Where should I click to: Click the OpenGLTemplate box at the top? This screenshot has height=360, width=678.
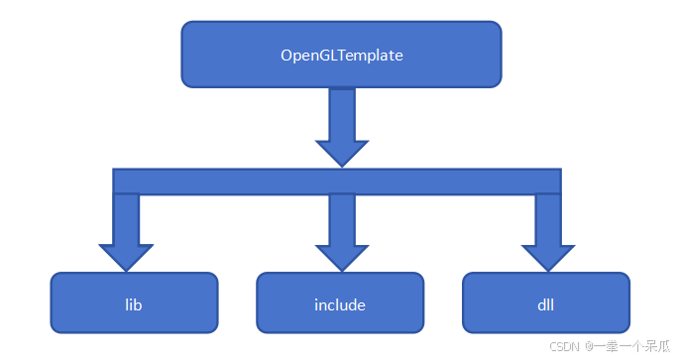[341, 56]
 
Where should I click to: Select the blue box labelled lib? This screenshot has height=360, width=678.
[135, 303]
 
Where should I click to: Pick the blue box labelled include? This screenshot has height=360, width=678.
[340, 303]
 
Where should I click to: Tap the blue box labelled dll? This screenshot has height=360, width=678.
[546, 303]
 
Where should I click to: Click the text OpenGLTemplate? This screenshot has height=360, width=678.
[341, 56]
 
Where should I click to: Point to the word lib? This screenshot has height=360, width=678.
[135, 304]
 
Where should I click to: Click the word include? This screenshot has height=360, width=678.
[340, 304]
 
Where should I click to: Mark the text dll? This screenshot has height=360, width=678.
[546, 304]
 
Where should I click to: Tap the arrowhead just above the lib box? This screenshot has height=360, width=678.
[126, 255]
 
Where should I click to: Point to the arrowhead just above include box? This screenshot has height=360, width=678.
[341, 255]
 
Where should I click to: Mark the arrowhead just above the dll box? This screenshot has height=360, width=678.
[548, 255]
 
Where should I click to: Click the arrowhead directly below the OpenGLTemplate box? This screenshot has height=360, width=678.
[341, 152]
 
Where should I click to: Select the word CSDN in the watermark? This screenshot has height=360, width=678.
[563, 347]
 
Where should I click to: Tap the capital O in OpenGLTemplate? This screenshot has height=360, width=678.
[286, 56]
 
